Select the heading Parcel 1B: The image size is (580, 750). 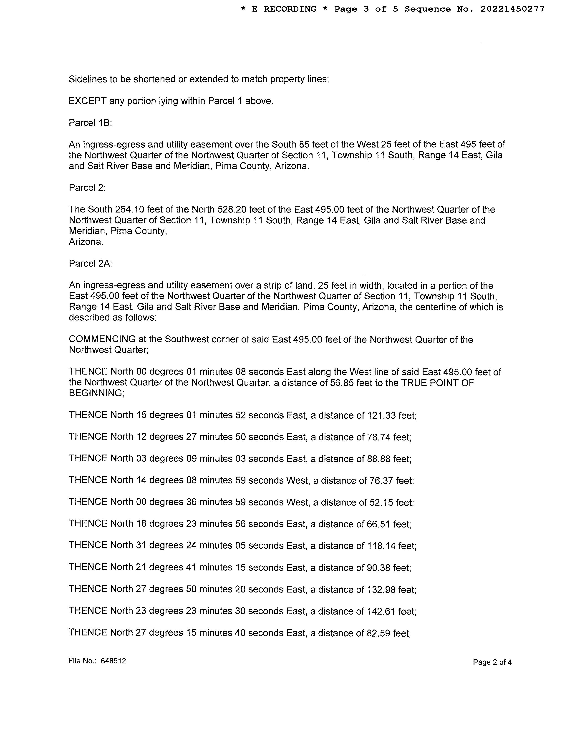click(x=90, y=123)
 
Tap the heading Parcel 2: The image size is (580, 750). click(x=87, y=188)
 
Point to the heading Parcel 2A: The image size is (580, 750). click(x=90, y=263)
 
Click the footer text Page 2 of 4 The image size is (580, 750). click(x=492, y=662)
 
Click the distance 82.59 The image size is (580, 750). click(x=378, y=633)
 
